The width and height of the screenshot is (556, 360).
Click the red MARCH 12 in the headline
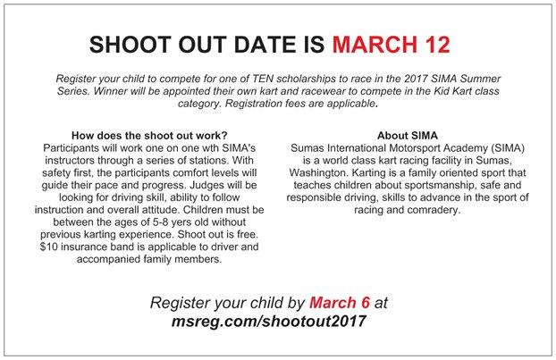(x=392, y=45)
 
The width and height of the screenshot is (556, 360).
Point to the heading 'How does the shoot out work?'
(x=149, y=136)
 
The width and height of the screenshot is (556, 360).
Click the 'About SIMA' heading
(x=408, y=136)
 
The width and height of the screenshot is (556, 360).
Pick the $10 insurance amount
(x=48, y=247)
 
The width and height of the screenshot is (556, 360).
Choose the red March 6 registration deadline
(x=340, y=303)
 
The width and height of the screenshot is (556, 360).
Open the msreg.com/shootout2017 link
(x=268, y=321)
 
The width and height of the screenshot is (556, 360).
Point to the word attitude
(x=161, y=210)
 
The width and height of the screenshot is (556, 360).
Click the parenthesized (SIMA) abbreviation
(x=507, y=147)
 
